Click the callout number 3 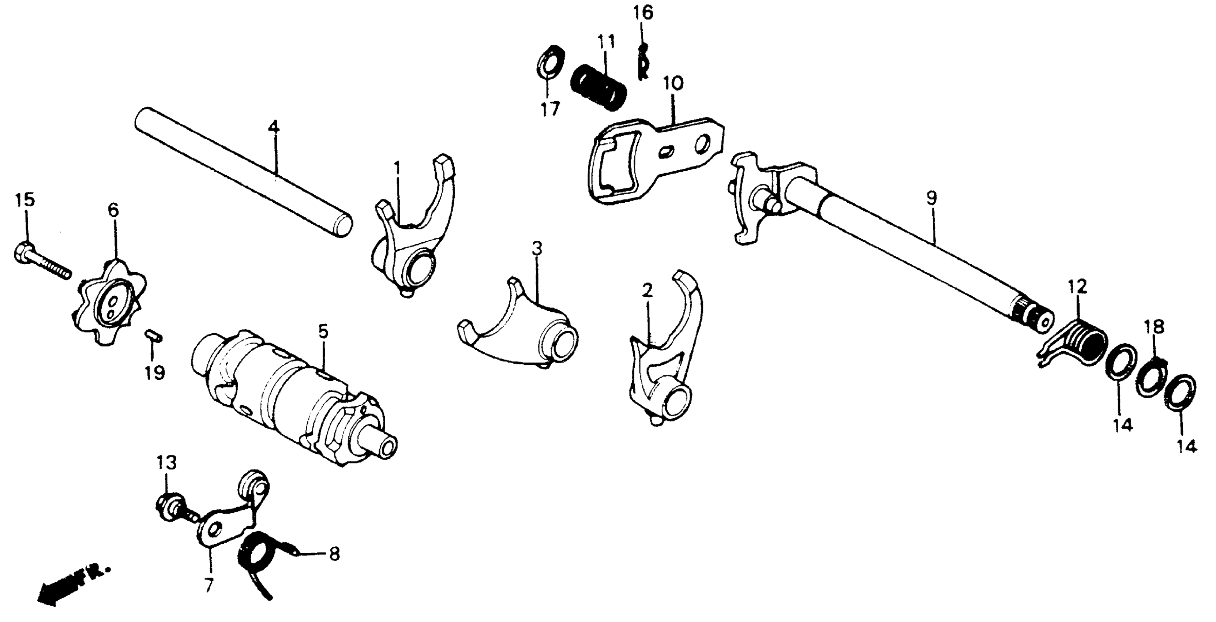(x=537, y=248)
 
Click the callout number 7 (x=208, y=585)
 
